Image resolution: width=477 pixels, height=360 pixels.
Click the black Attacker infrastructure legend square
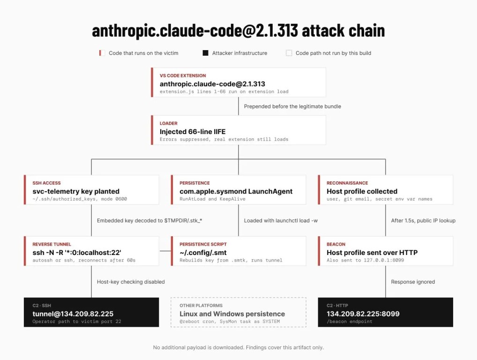point(205,53)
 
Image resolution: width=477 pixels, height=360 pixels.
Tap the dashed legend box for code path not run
point(289,53)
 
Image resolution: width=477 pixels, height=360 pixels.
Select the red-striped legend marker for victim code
point(102,53)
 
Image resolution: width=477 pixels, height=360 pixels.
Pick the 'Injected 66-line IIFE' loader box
point(238,130)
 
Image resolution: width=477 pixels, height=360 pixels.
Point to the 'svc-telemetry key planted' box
point(91,189)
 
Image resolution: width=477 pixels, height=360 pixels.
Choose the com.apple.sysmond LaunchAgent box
point(238,189)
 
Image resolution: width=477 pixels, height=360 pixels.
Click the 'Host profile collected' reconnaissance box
point(386,189)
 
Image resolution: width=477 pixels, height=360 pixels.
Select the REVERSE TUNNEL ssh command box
point(91,251)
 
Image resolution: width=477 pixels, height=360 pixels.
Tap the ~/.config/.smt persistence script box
point(238,251)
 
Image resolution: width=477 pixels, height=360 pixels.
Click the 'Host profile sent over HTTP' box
point(386,251)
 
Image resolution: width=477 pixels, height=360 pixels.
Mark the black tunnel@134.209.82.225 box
point(91,312)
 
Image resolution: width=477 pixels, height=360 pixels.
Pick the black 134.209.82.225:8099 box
point(386,312)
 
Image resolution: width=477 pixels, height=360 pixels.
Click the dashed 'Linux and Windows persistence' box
point(238,312)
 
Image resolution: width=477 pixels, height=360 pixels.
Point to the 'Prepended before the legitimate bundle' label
point(292,106)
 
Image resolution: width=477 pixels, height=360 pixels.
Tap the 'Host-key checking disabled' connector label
point(131,282)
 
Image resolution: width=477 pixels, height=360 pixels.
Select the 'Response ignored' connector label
point(413,282)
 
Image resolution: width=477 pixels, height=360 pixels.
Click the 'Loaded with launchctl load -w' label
point(281,221)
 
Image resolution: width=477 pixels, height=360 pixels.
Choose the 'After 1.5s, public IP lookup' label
point(423,221)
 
